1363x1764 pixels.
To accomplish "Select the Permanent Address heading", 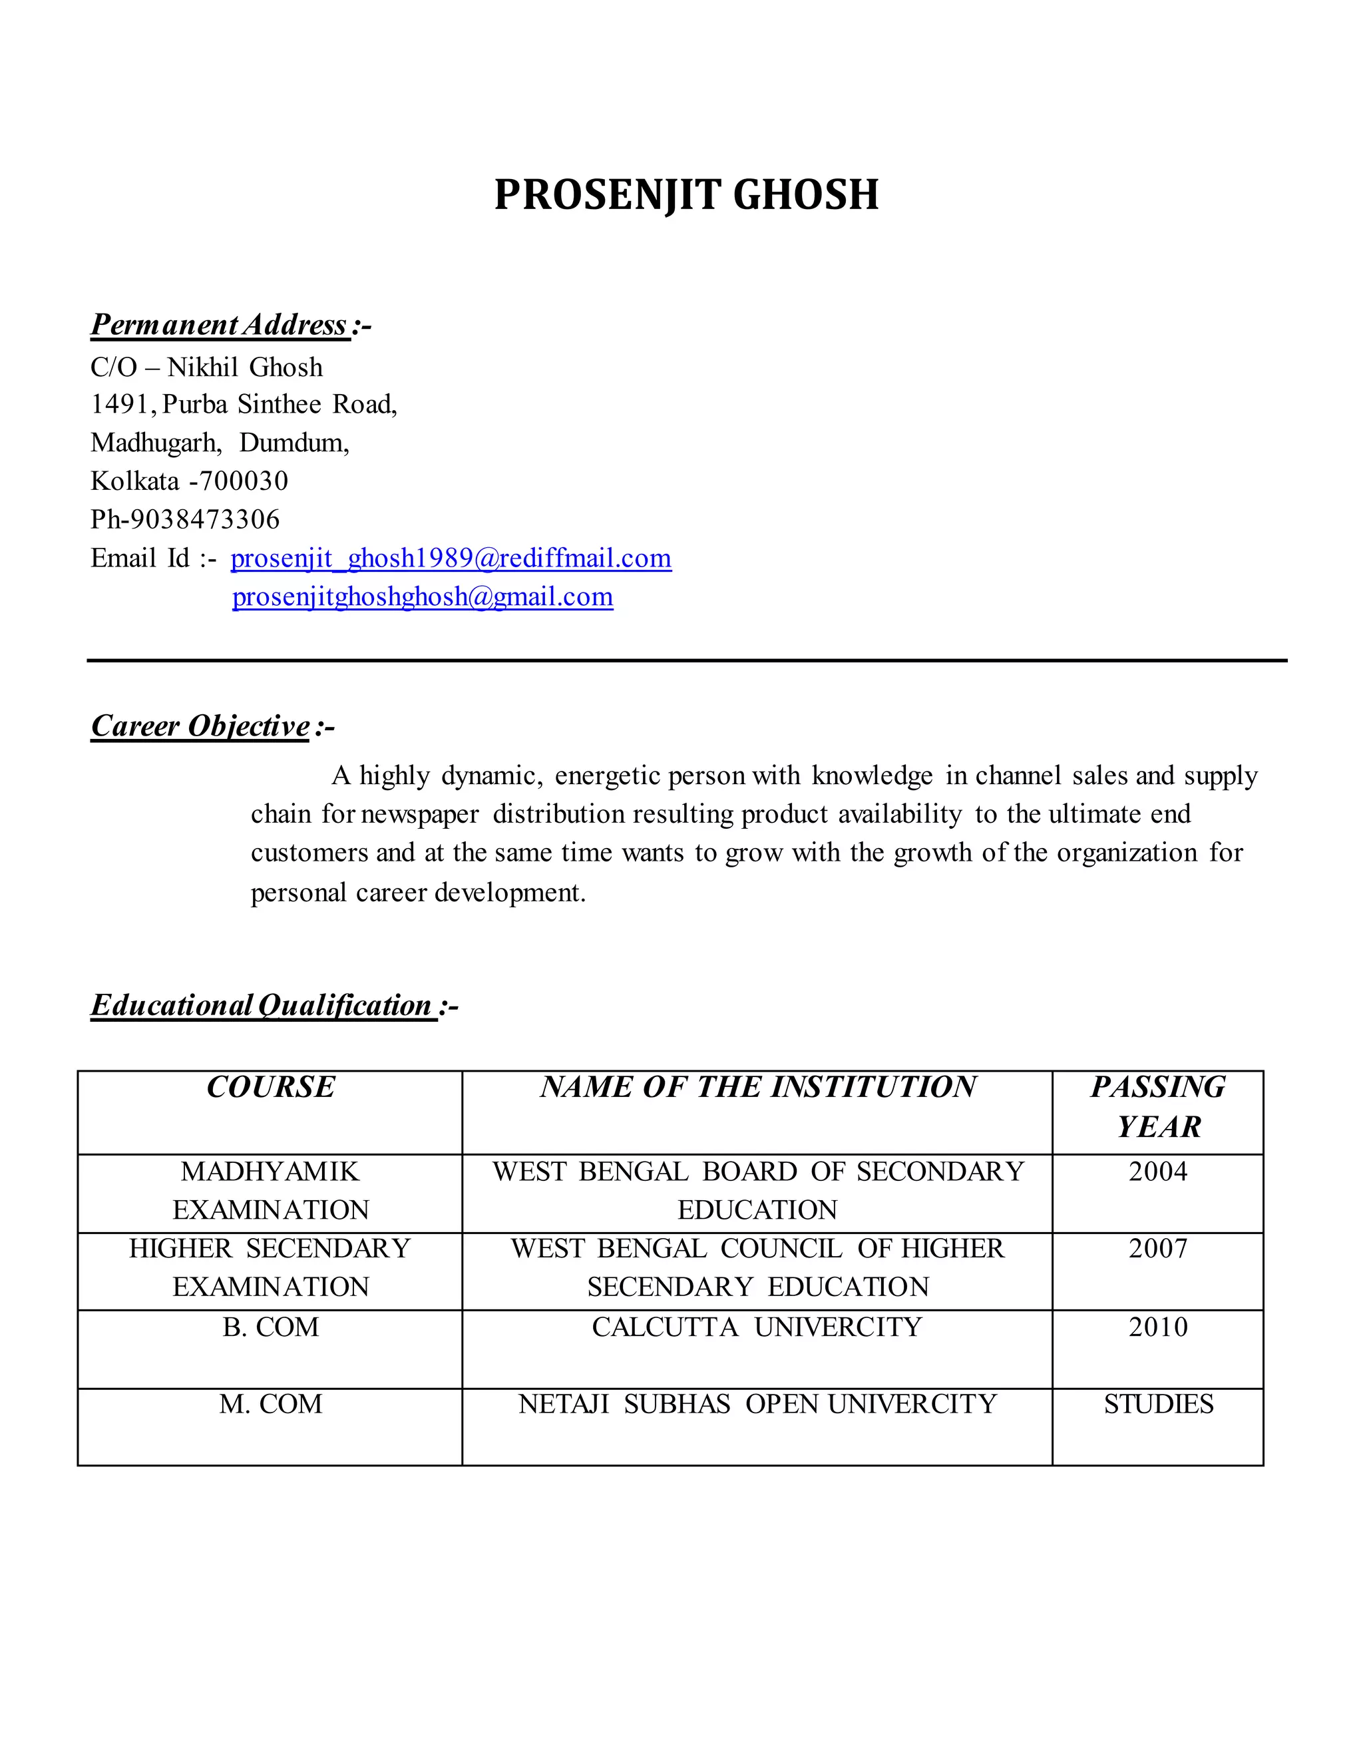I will pyautogui.click(x=220, y=325).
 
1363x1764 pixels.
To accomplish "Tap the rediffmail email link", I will pyautogui.click(x=451, y=558).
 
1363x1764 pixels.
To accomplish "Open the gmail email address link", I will pyautogui.click(x=423, y=597).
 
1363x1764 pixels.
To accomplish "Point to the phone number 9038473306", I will pyautogui.click(x=205, y=519).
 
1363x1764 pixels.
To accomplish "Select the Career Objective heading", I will pyautogui.click(x=200, y=726).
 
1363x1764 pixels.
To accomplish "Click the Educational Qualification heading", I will pyautogui.click(x=262, y=1006).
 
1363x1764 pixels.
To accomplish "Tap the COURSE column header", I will pyautogui.click(x=270, y=1087).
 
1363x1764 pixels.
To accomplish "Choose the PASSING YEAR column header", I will pyautogui.click(x=1158, y=1106).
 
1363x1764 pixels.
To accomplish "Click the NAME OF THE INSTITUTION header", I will pyautogui.click(x=757, y=1087).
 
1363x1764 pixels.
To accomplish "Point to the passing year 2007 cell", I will pyautogui.click(x=1158, y=1249).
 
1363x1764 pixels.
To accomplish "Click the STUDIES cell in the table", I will pyautogui.click(x=1158, y=1405).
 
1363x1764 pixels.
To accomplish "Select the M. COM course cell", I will pyautogui.click(x=270, y=1405).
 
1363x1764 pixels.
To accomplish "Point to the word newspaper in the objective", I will pyautogui.click(x=420, y=814).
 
